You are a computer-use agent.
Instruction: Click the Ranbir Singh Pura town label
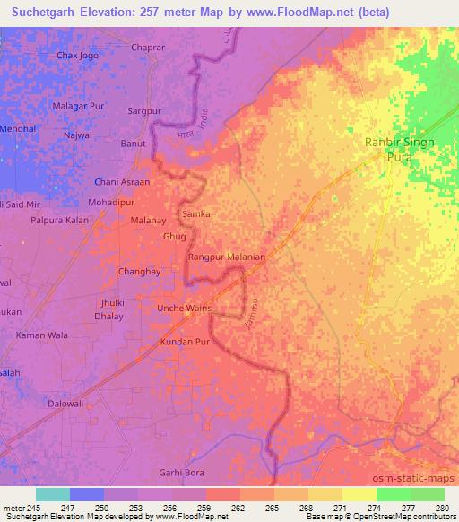pos(400,149)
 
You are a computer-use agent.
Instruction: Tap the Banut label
pos(133,143)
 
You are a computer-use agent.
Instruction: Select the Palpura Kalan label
pos(59,219)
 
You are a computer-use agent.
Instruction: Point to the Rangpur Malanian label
pos(227,257)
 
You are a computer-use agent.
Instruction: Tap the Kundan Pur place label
pos(184,343)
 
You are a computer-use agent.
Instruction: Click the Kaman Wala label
pos(41,335)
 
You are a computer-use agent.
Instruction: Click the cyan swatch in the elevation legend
pos(52,494)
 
